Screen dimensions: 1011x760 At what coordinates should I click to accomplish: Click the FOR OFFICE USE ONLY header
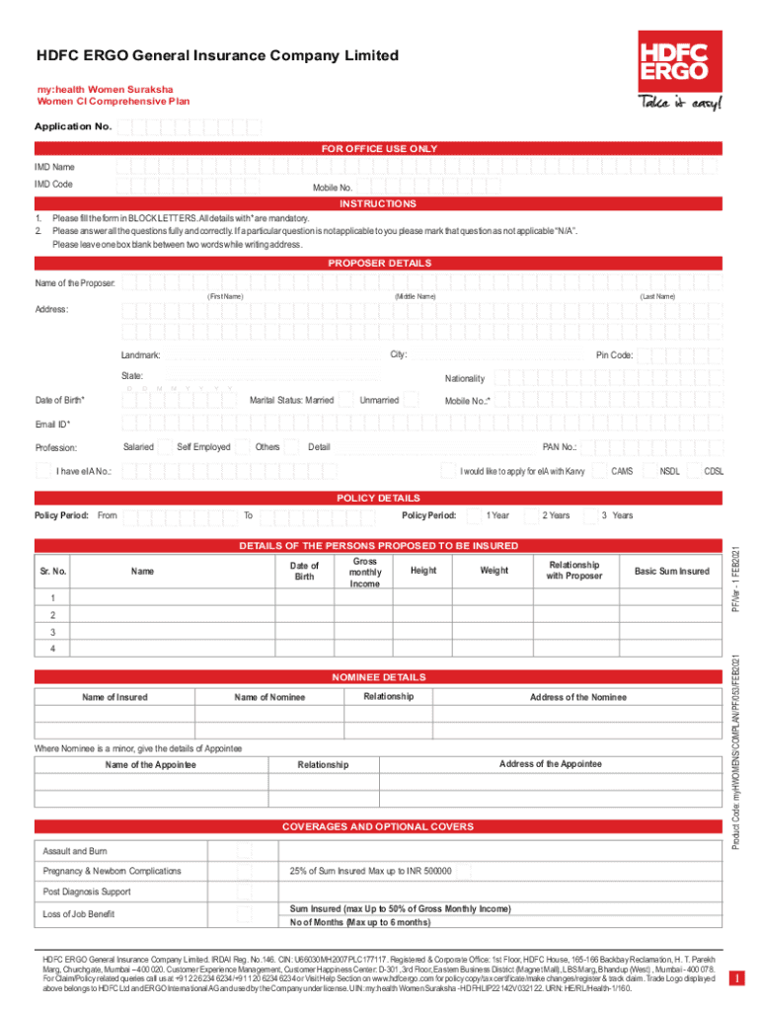click(x=379, y=148)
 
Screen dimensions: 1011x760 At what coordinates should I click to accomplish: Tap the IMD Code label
click(x=53, y=185)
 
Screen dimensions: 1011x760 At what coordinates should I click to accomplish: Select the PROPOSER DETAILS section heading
click(x=379, y=264)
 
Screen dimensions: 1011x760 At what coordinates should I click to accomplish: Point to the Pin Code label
click(x=614, y=355)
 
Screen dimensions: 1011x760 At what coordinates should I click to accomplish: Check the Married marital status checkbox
click(x=343, y=400)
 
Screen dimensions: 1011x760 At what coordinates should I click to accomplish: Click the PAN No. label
click(x=560, y=447)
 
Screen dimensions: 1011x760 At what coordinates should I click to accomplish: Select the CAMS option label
click(x=622, y=471)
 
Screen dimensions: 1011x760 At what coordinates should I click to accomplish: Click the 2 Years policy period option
click(x=556, y=515)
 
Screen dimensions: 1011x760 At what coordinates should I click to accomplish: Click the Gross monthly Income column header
click(x=365, y=572)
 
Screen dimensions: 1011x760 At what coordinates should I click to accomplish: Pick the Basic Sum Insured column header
click(x=671, y=572)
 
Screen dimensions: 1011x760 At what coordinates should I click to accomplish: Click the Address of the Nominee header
click(x=577, y=697)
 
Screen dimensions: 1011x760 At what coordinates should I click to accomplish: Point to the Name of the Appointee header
click(x=150, y=765)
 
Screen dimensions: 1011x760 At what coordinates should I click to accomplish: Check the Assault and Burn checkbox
click(x=244, y=851)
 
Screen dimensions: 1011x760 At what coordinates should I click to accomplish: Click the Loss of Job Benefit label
click(x=78, y=914)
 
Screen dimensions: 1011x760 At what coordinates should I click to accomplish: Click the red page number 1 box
click(x=735, y=977)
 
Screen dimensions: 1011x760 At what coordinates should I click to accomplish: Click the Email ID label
click(x=53, y=425)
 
